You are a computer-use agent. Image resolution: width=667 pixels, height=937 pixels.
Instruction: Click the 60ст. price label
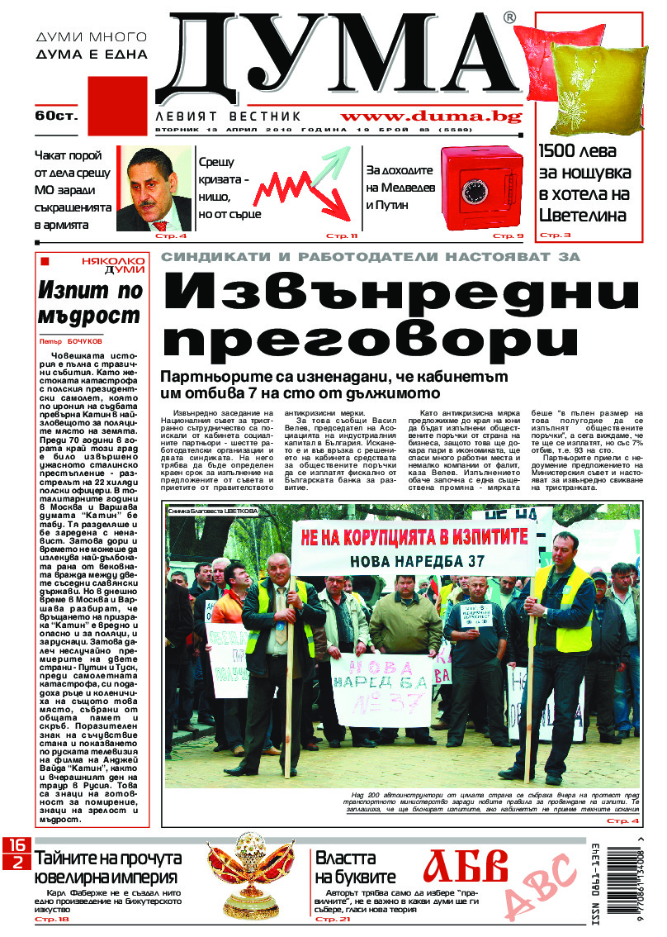click(x=56, y=116)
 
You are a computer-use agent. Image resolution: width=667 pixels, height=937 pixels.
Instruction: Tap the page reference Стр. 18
click(x=52, y=919)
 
